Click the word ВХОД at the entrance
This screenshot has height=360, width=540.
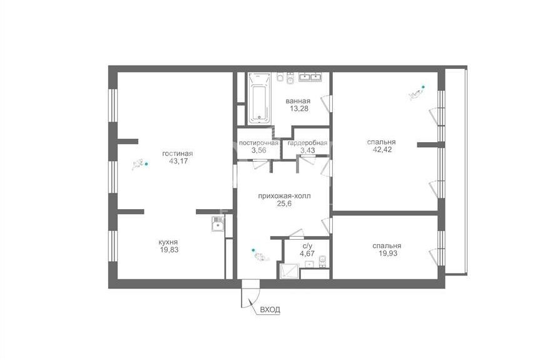click(x=270, y=310)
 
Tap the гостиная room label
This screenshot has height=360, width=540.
click(x=178, y=153)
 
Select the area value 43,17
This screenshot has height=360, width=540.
click(x=179, y=161)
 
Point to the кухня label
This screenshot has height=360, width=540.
click(x=168, y=242)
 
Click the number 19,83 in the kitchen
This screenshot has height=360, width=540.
click(x=169, y=250)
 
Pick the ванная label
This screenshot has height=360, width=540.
click(x=298, y=101)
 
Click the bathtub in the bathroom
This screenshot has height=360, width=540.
click(x=259, y=98)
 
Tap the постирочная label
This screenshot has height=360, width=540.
click(x=258, y=143)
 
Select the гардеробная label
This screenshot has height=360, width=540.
click(x=307, y=143)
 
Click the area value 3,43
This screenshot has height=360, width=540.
click(x=307, y=150)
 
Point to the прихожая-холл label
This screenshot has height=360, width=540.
click(x=285, y=196)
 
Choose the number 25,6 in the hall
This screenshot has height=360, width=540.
click(x=285, y=203)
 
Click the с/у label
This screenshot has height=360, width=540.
click(x=307, y=246)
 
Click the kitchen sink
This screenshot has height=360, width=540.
click(x=218, y=224)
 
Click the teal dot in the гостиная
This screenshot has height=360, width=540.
click(x=146, y=164)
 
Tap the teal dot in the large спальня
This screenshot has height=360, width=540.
click(x=423, y=87)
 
